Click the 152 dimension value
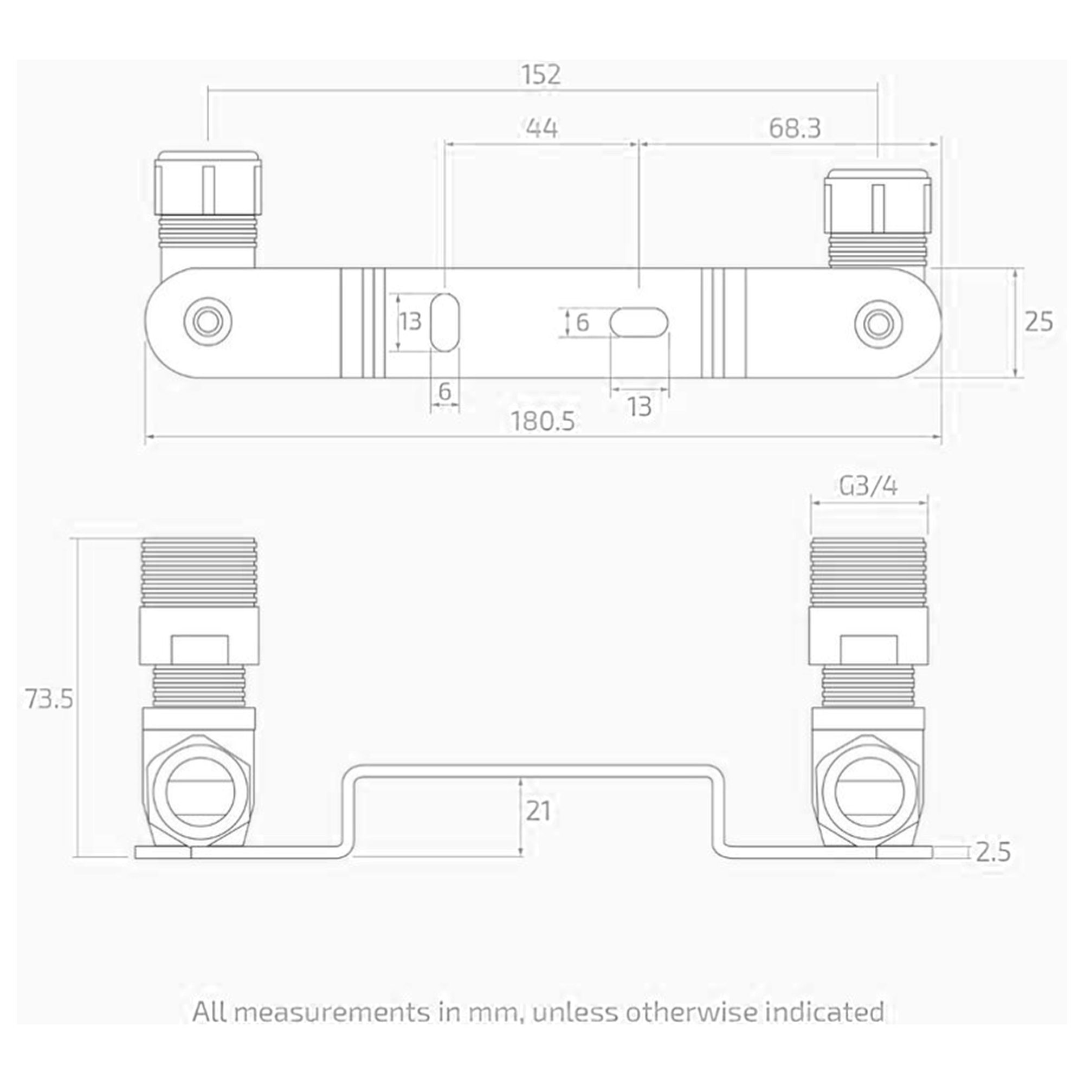(541, 75)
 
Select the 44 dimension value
(542, 128)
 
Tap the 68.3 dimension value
(795, 128)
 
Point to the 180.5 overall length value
(543, 421)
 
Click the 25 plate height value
(1038, 322)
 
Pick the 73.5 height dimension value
(49, 699)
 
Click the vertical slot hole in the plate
(445, 322)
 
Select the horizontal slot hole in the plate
(639, 322)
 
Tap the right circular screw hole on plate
(878, 322)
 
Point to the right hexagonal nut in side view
(870, 795)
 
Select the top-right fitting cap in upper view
(879, 201)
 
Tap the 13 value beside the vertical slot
(410, 322)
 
